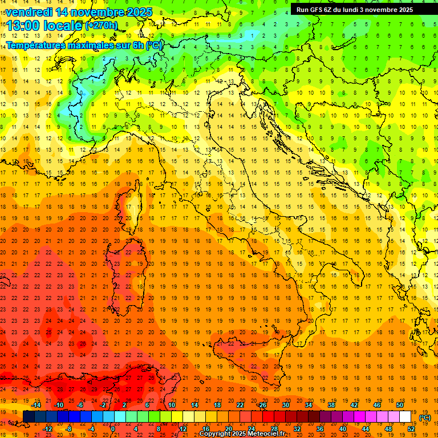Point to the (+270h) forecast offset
pyautogui.click(x=102, y=25)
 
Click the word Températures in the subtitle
pyautogui.click(x=35, y=45)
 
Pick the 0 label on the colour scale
pyautogui.click(x=113, y=429)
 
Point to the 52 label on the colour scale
pyautogui.click(x=411, y=429)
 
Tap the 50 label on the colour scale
pyautogui.click(x=400, y=405)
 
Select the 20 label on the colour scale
pyautogui.click(x=228, y=429)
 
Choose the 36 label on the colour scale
pyautogui.click(x=320, y=429)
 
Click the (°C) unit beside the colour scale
pyautogui.click(x=425, y=417)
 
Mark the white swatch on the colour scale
pyautogui.click(x=405, y=417)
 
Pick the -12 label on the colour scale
pyautogui.click(x=48, y=429)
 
